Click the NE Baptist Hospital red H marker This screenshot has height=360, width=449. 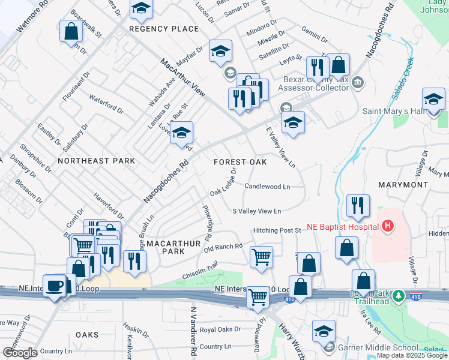[388, 226]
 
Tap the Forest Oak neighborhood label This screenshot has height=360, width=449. [240, 162]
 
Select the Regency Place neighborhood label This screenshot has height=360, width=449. [164, 29]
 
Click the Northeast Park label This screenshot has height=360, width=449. [96, 161]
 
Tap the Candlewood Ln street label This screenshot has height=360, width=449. [267, 187]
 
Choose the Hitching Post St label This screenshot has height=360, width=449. [277, 230]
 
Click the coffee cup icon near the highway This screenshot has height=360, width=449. [54, 285]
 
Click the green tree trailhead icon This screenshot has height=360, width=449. [397, 296]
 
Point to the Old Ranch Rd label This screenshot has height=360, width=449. [223, 247]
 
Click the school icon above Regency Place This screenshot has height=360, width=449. [142, 7]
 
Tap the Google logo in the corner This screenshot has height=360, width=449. [20, 353]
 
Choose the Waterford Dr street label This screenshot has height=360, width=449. [106, 102]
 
